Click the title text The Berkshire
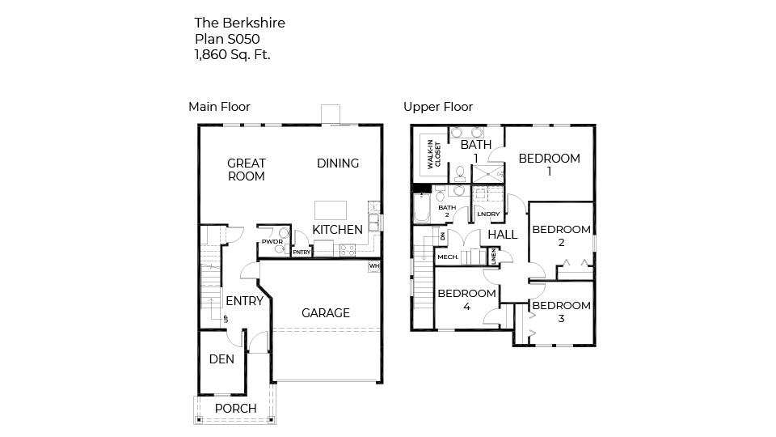(x=239, y=23)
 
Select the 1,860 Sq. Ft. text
(x=232, y=54)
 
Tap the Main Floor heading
(x=219, y=107)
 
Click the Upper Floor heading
(x=438, y=107)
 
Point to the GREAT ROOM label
(x=247, y=170)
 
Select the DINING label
(x=338, y=163)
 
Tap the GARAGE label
(x=326, y=313)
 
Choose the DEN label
(x=221, y=359)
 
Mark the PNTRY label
(x=302, y=252)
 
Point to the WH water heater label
(x=373, y=265)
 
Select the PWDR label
(x=271, y=242)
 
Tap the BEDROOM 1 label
(x=549, y=164)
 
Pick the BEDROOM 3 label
(x=561, y=312)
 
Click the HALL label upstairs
(x=502, y=235)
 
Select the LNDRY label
(x=488, y=214)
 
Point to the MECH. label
(x=448, y=257)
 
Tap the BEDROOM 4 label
(x=466, y=299)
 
